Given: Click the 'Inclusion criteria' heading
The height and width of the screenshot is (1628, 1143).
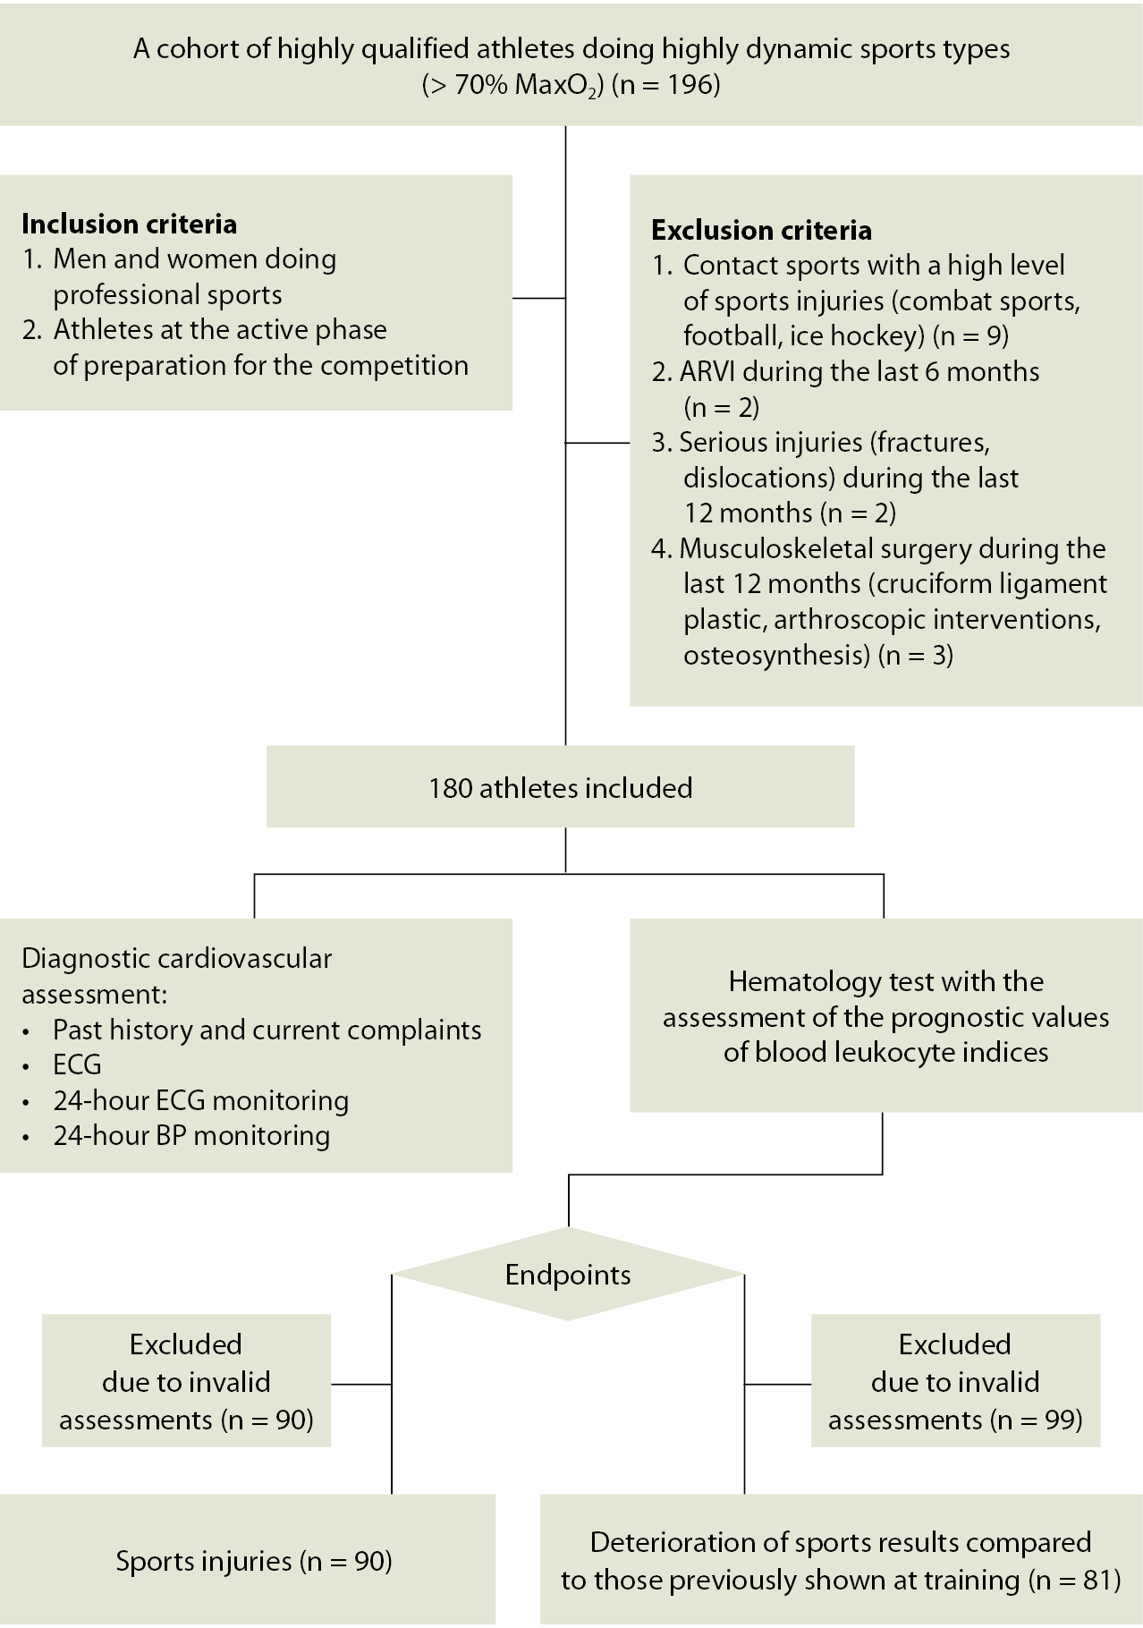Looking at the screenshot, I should (x=129, y=224).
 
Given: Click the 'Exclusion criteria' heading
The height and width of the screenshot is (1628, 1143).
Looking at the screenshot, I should (x=761, y=231).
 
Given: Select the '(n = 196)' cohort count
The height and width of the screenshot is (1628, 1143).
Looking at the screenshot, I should (x=665, y=85).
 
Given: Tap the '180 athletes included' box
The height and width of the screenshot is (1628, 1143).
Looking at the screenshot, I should (x=560, y=788).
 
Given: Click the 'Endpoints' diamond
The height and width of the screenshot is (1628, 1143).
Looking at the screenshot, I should (x=568, y=1275).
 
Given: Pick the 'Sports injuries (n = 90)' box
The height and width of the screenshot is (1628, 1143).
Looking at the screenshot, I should (x=254, y=1561).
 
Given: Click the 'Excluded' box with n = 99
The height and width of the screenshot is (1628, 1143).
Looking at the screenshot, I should (x=954, y=1381).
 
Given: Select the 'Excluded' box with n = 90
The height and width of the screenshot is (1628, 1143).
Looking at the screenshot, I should (x=186, y=1381).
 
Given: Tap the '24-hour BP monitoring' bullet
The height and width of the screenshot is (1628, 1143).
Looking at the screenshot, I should (x=191, y=1136).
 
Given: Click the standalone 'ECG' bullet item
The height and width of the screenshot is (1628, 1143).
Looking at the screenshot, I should (x=77, y=1065).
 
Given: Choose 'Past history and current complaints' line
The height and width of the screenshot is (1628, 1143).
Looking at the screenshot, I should (x=267, y=1030).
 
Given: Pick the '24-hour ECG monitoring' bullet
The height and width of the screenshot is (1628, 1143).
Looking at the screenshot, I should (x=200, y=1101).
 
